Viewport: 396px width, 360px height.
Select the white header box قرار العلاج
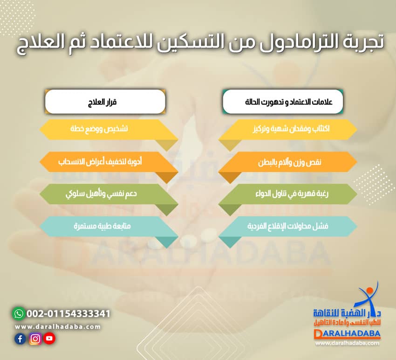click(105, 101)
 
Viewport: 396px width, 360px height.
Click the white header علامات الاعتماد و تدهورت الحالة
click(283, 101)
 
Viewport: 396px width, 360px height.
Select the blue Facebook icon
click(20, 339)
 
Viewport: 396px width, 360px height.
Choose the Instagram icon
click(35, 339)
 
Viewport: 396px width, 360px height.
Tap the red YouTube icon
click(49, 339)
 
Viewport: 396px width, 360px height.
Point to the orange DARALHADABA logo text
click(347, 334)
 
